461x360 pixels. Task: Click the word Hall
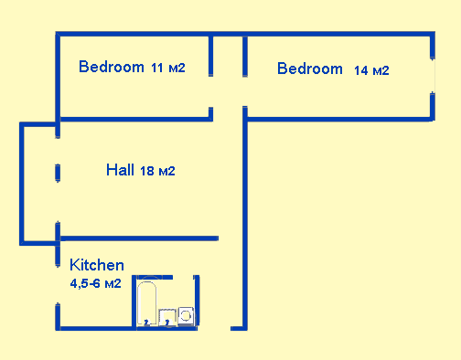pyautogui.click(x=121, y=170)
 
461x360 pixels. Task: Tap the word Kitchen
pyautogui.click(x=97, y=265)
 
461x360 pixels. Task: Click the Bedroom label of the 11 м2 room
pyautogui.click(x=112, y=67)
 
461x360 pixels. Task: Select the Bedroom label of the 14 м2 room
pyautogui.click(x=310, y=69)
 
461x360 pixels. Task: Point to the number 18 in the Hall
pyautogui.click(x=147, y=171)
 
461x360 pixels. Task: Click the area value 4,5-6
pyautogui.click(x=86, y=284)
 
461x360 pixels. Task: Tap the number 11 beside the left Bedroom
pyautogui.click(x=157, y=68)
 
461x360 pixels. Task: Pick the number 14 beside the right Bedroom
pyautogui.click(x=360, y=70)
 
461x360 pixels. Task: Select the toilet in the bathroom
pyautogui.click(x=187, y=315)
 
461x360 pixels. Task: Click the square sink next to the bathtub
pyautogui.click(x=167, y=317)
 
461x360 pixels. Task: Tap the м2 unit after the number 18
pyautogui.click(x=166, y=171)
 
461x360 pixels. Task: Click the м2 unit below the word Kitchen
pyautogui.click(x=113, y=284)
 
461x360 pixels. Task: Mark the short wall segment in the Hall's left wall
pyautogui.click(x=58, y=173)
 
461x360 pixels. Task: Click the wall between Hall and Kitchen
pyautogui.click(x=137, y=238)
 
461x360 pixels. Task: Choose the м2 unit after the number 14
pyautogui.click(x=381, y=70)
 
